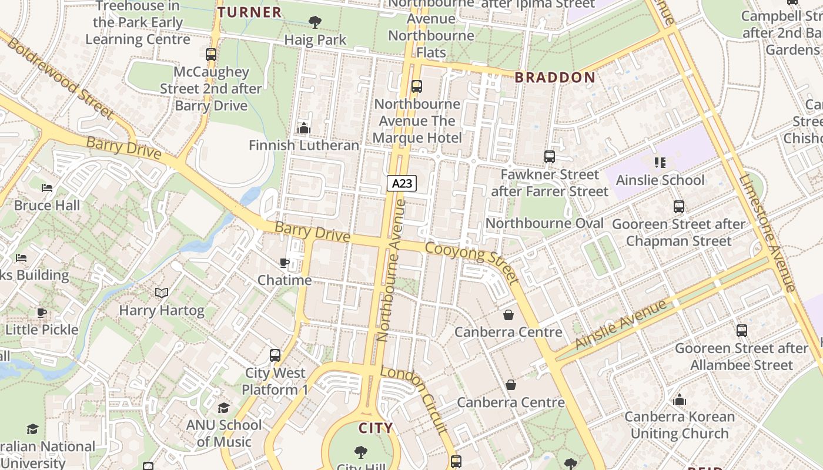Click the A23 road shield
pyautogui.click(x=402, y=183)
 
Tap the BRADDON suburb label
pyautogui.click(x=555, y=78)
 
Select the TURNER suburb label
pyautogui.click(x=249, y=12)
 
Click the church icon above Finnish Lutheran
pyautogui.click(x=303, y=127)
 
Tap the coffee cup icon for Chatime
pyautogui.click(x=285, y=263)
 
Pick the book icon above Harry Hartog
pyautogui.click(x=162, y=293)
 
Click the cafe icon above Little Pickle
pyautogui.click(x=41, y=313)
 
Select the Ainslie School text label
pyautogui.click(x=660, y=180)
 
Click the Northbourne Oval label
pyautogui.click(x=544, y=223)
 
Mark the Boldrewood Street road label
pyautogui.click(x=61, y=79)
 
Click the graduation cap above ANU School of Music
pyautogui.click(x=223, y=408)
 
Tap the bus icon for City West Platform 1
pyautogui.click(x=275, y=355)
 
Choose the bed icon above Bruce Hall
pyautogui.click(x=47, y=188)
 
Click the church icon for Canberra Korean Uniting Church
pyautogui.click(x=680, y=400)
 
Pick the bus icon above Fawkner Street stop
pyautogui.click(x=550, y=157)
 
